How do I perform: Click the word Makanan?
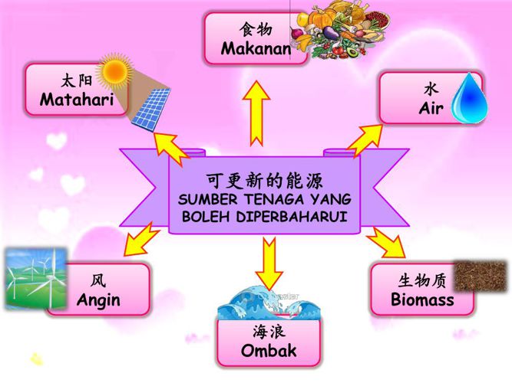pos(256,49)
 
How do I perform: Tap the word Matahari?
pos(77,100)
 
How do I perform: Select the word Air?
pos(431,109)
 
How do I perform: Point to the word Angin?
pos(98,300)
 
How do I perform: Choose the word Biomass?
pos(422,300)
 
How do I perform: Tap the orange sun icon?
pos(115,70)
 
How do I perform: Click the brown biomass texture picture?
pos(480,277)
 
